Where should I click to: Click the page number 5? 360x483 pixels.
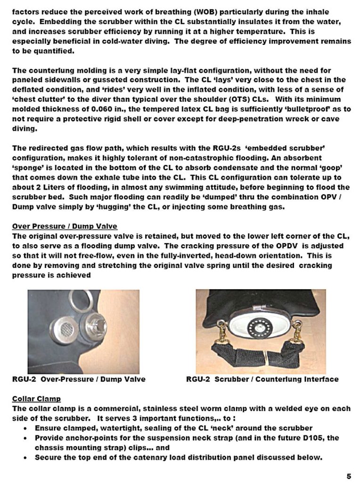[x=349, y=475]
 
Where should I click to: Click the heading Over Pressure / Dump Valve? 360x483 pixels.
[x=65, y=226]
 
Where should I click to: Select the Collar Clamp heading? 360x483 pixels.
[x=36, y=399]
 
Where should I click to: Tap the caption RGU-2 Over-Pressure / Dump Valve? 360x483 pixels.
[x=79, y=379]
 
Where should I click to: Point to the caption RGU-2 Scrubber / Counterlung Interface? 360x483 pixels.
[x=262, y=379]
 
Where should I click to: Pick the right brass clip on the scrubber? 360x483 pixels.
[x=297, y=330]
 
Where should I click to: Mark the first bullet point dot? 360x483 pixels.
[x=25, y=428]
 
